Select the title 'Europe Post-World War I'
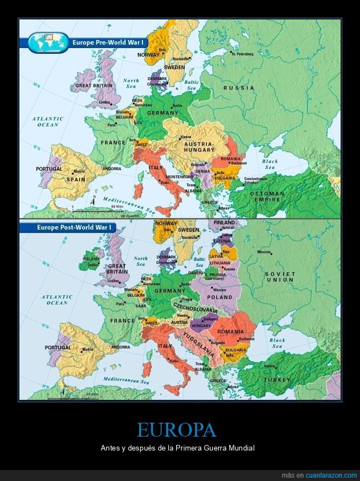pos(74,227)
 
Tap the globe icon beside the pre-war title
pos(48,42)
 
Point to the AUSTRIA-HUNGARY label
pos(199,147)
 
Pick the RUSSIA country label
pos(239,88)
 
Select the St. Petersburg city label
pos(242,54)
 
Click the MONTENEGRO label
pos(179,176)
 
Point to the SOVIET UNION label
pos(280,277)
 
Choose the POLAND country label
pos(220,297)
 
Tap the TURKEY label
pos(276,380)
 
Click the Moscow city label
pos(264,252)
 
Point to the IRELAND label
pos(90,258)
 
